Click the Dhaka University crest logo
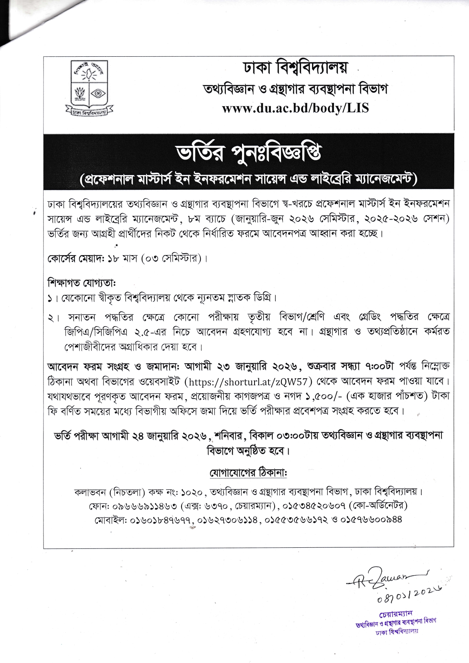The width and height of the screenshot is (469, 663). pyautogui.click(x=89, y=88)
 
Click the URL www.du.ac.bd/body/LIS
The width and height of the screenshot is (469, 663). pyautogui.click(x=295, y=108)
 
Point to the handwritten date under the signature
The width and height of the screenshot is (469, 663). pyautogui.click(x=408, y=598)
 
